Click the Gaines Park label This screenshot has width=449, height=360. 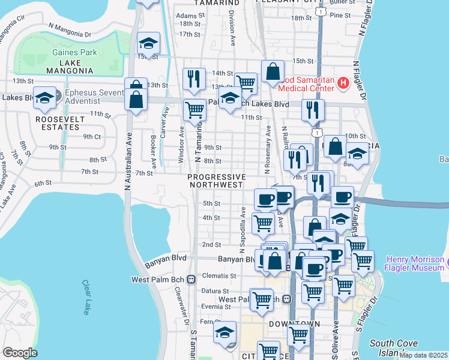[74, 52]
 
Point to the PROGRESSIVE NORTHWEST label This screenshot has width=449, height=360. [217, 181]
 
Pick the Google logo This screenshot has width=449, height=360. [20, 353]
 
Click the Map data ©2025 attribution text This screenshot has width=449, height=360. [423, 355]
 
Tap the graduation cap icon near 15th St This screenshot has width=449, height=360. [148, 43]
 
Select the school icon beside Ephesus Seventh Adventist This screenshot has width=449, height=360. [44, 97]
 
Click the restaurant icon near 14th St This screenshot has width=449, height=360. [194, 79]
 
